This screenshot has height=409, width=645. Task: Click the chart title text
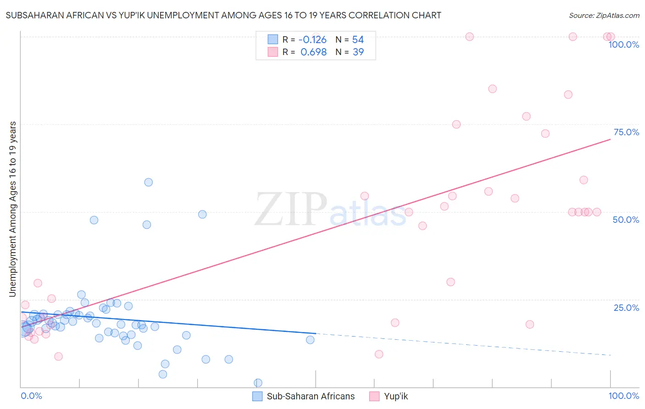click(x=223, y=15)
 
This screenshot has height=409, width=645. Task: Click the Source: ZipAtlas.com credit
click(x=604, y=15)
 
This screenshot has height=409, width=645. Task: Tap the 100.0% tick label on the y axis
click(x=623, y=45)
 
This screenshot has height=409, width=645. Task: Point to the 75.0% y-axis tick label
click(x=626, y=132)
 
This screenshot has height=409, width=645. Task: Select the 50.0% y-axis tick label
click(x=626, y=220)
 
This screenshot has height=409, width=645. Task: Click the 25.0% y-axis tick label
click(x=626, y=308)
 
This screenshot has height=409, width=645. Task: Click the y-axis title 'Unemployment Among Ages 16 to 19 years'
click(x=13, y=209)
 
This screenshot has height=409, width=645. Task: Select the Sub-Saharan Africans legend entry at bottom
click(x=304, y=396)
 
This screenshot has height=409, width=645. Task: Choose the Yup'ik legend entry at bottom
click(x=389, y=396)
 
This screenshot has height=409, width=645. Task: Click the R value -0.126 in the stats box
click(x=312, y=40)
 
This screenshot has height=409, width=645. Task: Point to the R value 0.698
click(x=313, y=52)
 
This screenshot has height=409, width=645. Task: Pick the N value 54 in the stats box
click(x=358, y=40)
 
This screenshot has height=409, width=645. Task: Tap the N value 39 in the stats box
click(x=358, y=52)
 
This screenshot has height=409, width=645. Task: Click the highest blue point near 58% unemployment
click(x=148, y=182)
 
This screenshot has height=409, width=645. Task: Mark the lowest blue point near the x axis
click(x=258, y=383)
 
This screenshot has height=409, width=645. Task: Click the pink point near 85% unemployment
click(x=492, y=89)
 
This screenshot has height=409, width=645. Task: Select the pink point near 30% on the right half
click(x=450, y=282)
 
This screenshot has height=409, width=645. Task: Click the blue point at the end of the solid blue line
click(x=310, y=340)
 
